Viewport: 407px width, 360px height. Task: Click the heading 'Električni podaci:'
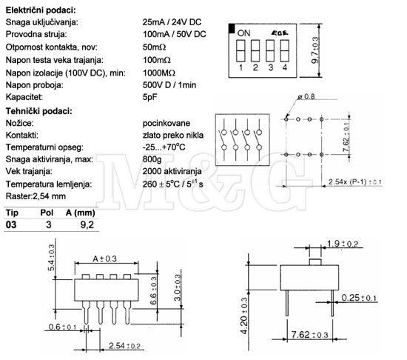(x=41, y=10)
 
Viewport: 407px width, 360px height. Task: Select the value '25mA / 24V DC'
(x=172, y=22)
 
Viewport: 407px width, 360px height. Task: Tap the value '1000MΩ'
(x=159, y=73)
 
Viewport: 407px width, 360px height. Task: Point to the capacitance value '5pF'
(x=149, y=97)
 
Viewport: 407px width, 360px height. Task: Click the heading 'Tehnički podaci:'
(x=39, y=111)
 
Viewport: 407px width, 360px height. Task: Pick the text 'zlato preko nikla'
(x=173, y=135)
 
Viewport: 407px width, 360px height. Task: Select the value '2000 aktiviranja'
(x=172, y=171)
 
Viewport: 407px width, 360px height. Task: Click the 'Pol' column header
(x=47, y=213)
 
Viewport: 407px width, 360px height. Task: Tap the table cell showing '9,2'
(x=87, y=224)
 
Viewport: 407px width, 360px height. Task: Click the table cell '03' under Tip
(x=11, y=224)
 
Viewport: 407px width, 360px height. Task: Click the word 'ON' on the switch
(x=243, y=33)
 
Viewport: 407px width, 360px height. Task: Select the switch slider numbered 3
(x=270, y=50)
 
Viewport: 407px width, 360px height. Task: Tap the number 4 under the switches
(x=285, y=67)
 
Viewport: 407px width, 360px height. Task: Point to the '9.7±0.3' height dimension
(x=314, y=50)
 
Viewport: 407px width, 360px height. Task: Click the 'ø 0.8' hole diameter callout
(x=306, y=96)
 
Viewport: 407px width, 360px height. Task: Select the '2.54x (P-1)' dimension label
(x=354, y=181)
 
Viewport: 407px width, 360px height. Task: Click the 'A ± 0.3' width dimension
(x=104, y=259)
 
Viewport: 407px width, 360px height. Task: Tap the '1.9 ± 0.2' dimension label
(x=343, y=244)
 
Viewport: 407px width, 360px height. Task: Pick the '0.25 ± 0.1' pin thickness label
(x=359, y=298)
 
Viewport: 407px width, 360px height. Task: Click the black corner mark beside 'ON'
(x=232, y=29)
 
